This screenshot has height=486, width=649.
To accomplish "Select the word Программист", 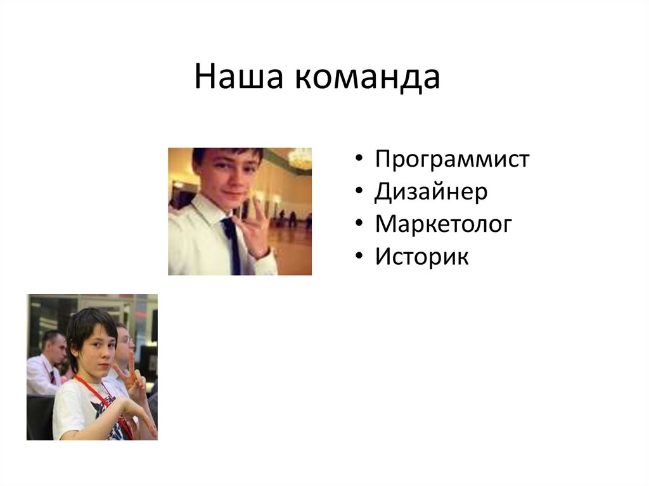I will tap(451, 159).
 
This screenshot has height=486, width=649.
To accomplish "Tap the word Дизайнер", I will tap(431, 192).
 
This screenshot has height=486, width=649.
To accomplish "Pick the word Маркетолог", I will tap(442, 225).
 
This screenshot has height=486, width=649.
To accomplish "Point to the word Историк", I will tap(421, 258).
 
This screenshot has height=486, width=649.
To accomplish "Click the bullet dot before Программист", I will tap(359, 160).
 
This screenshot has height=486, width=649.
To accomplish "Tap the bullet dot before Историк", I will tap(359, 259).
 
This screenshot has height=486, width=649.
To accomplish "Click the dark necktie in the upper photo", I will tap(231, 244).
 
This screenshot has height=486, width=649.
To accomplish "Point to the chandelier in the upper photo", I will tap(300, 158).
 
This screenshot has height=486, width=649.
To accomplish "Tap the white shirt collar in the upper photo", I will tap(209, 212).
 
